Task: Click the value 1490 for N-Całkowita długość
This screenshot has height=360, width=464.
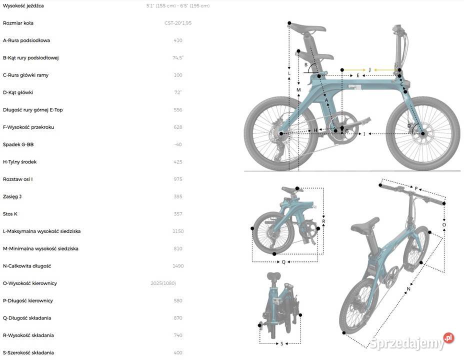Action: tap(178, 266)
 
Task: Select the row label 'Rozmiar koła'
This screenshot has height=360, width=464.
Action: tap(18, 23)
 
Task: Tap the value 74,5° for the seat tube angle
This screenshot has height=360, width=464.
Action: tap(178, 57)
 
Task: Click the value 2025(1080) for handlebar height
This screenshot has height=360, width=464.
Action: tap(163, 283)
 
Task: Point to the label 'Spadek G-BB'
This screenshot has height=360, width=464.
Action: tap(18, 144)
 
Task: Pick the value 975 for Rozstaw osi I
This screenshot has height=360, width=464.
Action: tap(178, 179)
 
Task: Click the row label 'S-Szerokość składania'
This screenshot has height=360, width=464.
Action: tap(28, 352)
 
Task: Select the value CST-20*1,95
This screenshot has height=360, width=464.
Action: tap(178, 23)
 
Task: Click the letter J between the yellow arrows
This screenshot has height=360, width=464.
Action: tap(370, 69)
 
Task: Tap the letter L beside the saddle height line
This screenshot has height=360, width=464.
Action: tap(289, 73)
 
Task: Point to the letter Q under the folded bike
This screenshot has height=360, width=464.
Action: tap(283, 261)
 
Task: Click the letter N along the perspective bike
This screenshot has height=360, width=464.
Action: tap(408, 289)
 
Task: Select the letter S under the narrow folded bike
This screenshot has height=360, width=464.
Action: tap(281, 343)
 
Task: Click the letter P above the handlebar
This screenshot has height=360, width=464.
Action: tap(416, 188)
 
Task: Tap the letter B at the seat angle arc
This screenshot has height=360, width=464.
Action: tap(306, 64)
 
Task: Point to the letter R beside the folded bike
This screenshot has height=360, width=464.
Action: tap(323, 221)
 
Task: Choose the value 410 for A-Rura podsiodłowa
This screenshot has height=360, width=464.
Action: tap(178, 40)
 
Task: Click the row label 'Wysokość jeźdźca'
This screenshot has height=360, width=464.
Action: tap(23, 5)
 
